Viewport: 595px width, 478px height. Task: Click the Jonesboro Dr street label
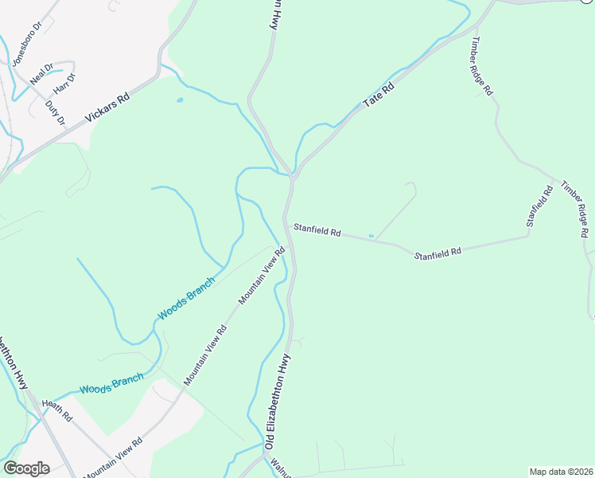[23, 49]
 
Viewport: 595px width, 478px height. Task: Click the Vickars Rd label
[107, 110]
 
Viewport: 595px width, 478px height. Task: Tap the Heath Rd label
[57, 410]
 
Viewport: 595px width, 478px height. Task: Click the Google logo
[26, 468]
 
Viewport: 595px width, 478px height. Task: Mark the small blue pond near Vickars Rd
[179, 100]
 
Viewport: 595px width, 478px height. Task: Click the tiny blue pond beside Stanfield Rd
[371, 235]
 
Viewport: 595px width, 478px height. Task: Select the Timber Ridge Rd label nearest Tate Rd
[482, 67]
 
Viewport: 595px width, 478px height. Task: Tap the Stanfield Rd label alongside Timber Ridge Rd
[539, 206]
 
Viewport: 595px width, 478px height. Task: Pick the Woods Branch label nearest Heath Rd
[111, 383]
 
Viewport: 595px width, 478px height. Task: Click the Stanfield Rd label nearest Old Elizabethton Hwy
[317, 231]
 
